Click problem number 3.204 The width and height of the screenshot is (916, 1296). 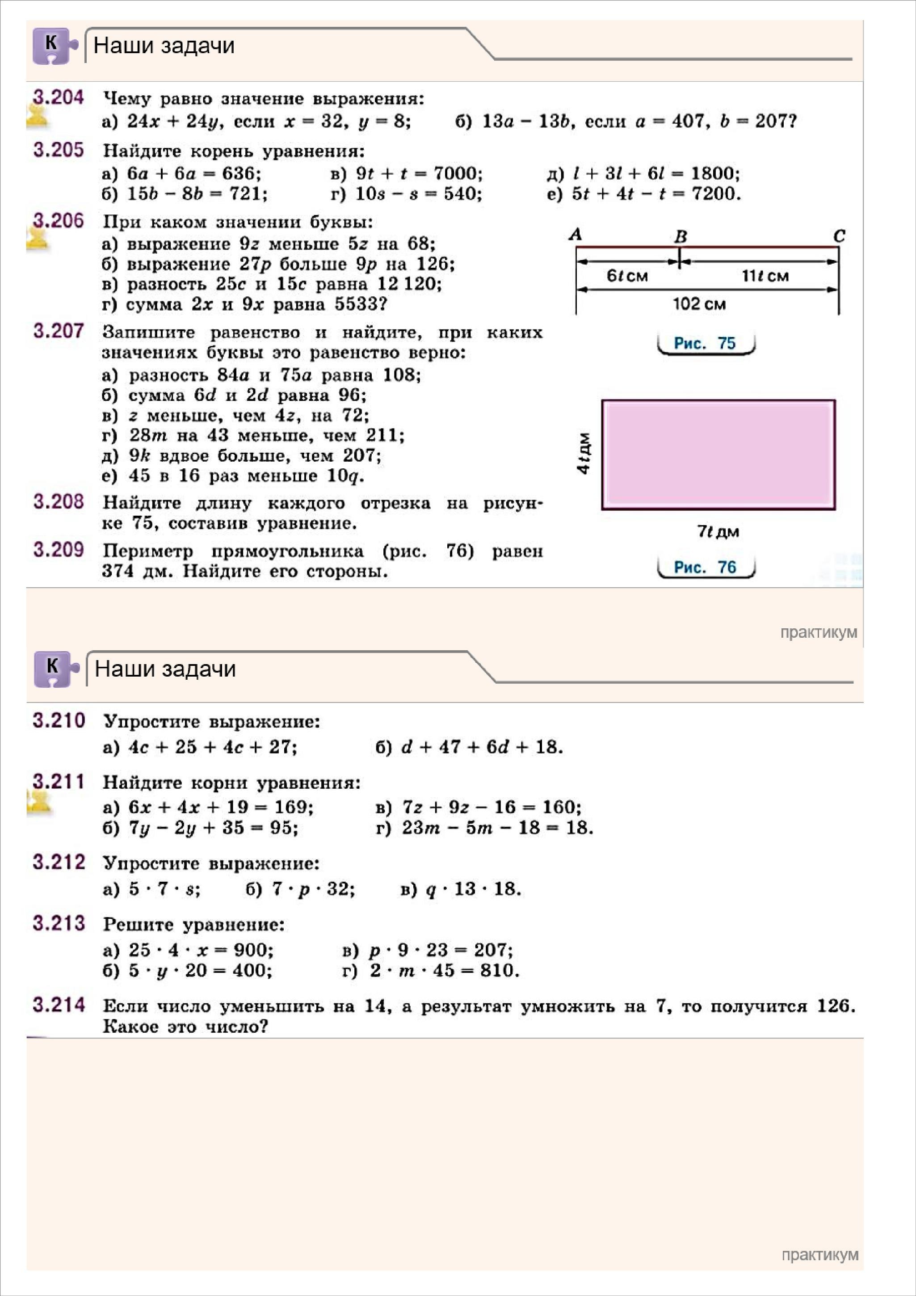[58, 98]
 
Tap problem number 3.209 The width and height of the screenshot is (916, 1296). [58, 549]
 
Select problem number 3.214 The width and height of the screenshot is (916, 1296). [59, 1005]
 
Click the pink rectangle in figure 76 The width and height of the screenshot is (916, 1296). [718, 454]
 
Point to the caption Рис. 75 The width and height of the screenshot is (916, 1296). [705, 343]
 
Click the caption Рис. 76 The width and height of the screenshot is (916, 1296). [705, 567]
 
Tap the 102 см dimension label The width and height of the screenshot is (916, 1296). [699, 304]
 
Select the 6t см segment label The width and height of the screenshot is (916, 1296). [626, 276]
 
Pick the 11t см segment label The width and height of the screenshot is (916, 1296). [765, 276]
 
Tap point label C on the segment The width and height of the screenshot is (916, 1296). [839, 236]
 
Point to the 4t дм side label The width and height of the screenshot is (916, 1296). [584, 453]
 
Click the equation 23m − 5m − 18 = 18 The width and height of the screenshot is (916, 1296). [497, 828]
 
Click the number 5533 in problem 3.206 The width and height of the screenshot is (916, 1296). [356, 305]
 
